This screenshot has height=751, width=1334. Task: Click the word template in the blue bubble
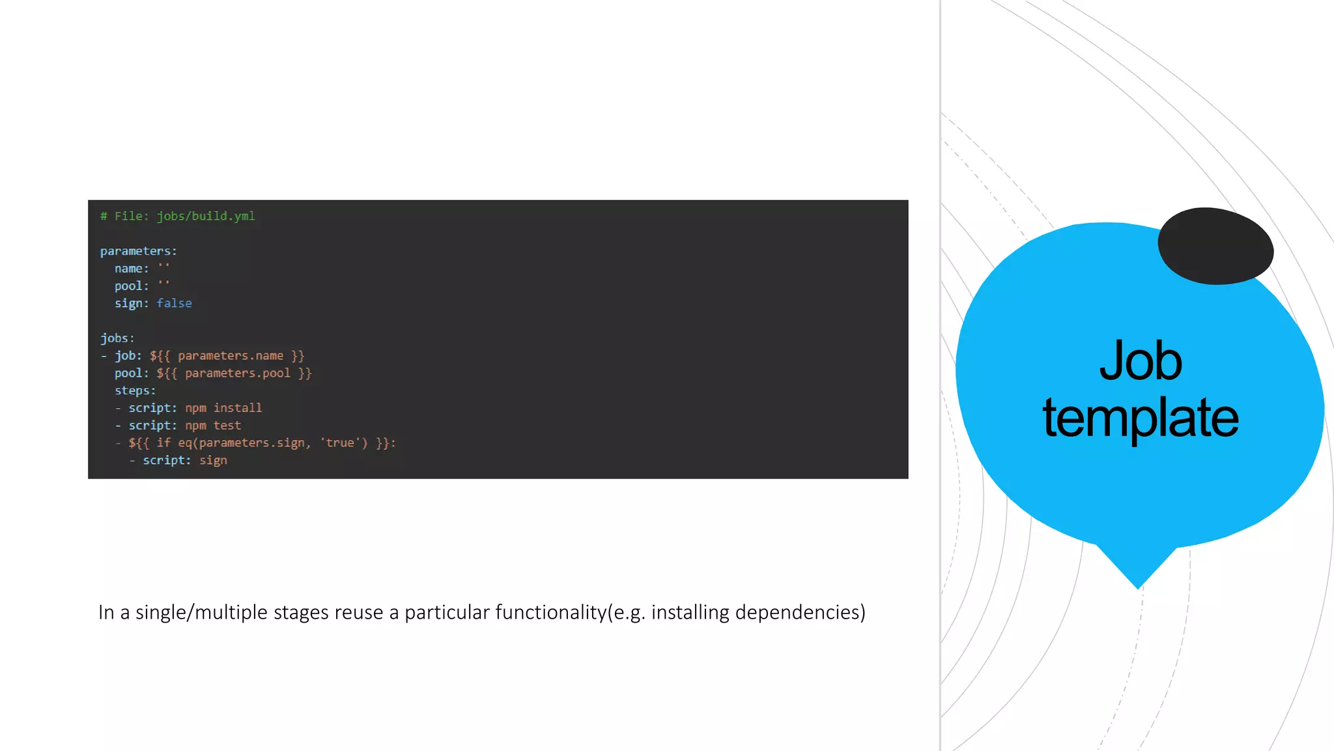point(1141,417)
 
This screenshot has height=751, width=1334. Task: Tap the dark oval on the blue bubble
point(1215,246)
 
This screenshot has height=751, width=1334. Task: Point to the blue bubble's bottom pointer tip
point(1138,587)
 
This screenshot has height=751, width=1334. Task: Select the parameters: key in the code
point(138,251)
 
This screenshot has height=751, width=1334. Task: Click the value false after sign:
point(174,303)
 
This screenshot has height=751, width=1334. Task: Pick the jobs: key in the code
point(117,338)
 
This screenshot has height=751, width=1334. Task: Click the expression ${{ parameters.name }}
point(227,356)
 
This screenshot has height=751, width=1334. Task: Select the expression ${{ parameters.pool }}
point(234,373)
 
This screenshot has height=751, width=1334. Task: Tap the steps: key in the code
point(135,390)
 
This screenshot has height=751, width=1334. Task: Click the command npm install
point(223,408)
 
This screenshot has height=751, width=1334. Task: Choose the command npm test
point(213,426)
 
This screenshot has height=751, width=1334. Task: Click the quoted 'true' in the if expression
point(339,443)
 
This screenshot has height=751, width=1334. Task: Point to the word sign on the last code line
point(213,460)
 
